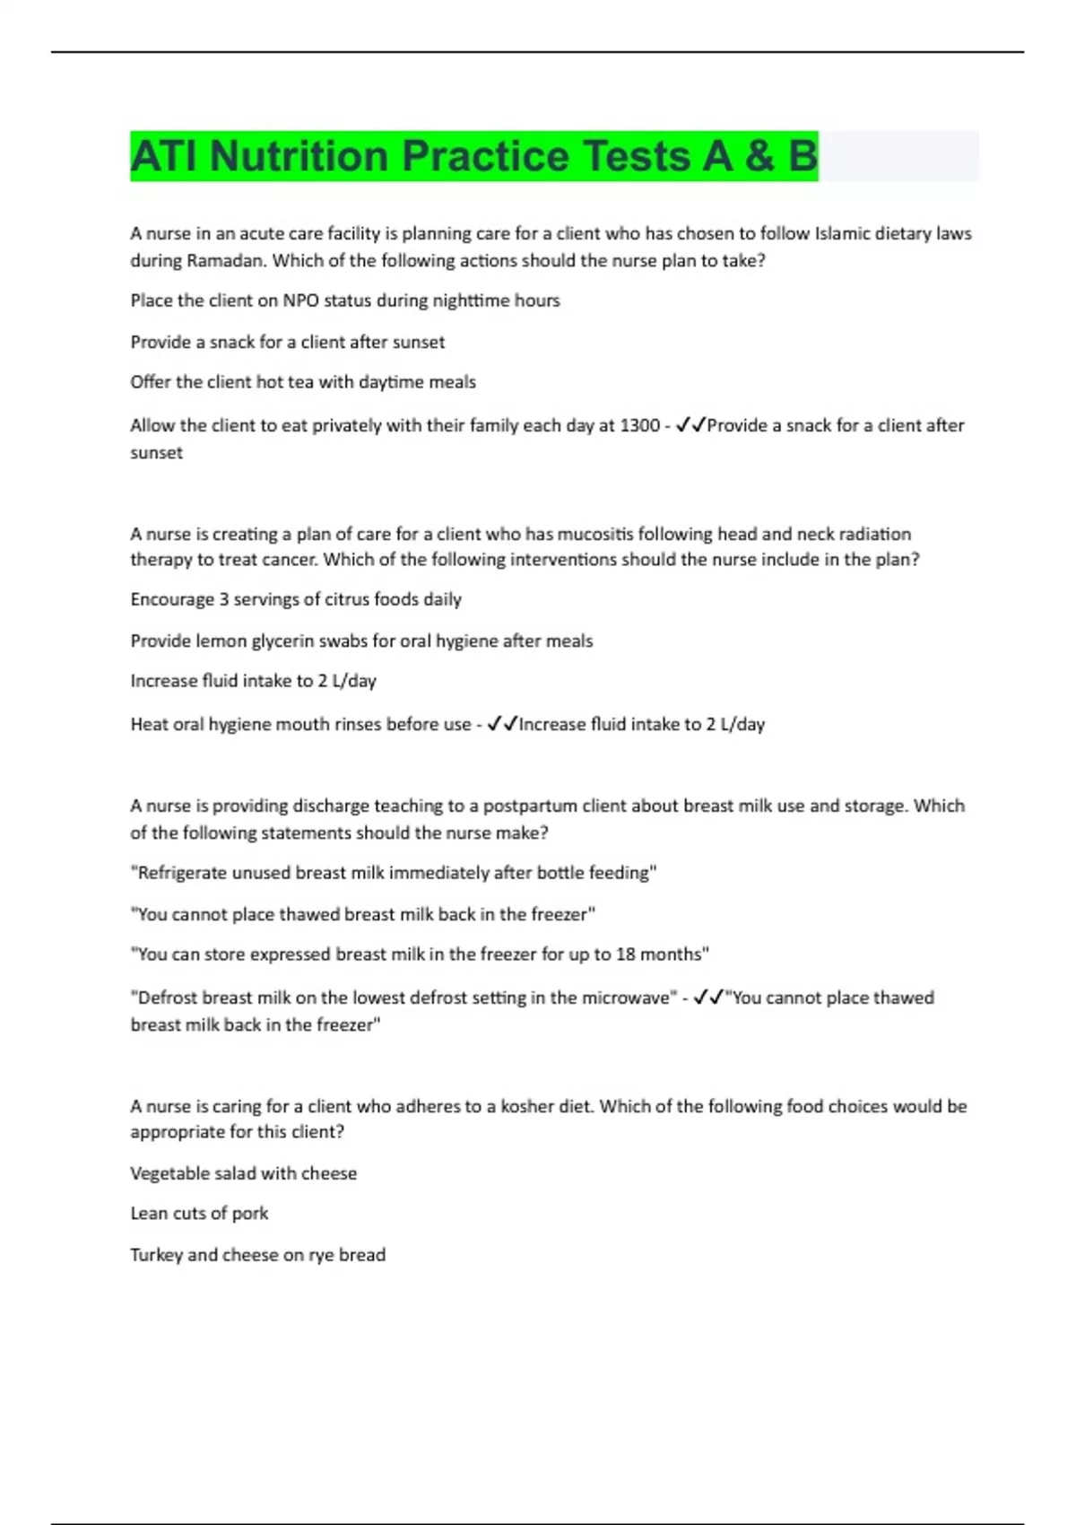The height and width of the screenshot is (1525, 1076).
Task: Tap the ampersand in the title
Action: click(x=759, y=156)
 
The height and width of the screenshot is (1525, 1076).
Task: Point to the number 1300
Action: click(x=639, y=425)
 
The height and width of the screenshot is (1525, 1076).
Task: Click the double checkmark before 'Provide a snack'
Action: click(x=690, y=425)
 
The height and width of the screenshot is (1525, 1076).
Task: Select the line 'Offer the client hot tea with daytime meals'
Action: click(x=303, y=382)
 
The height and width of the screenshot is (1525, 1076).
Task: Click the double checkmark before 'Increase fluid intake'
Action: click(x=502, y=724)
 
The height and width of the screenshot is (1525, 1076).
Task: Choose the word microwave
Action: click(x=628, y=998)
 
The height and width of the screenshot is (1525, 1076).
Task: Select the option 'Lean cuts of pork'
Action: click(x=199, y=1214)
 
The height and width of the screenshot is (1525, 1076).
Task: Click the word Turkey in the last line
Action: click(x=156, y=1255)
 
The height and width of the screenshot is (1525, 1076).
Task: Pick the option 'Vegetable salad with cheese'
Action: click(x=243, y=1173)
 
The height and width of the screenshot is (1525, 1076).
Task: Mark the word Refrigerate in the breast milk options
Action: click(x=184, y=873)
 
